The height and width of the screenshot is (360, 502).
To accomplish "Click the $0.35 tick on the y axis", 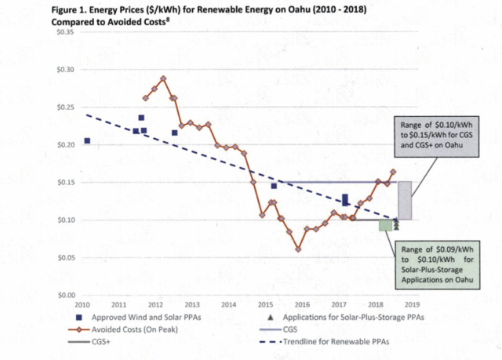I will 64,32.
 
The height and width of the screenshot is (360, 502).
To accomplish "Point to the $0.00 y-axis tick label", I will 64,295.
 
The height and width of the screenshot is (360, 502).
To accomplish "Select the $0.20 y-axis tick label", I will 64,145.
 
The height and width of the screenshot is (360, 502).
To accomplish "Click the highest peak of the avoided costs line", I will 163,78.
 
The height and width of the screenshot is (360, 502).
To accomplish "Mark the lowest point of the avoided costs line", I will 299,249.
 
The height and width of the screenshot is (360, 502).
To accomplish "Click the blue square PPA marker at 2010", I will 87,141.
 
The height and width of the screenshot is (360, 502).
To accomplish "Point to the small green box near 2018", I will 385,225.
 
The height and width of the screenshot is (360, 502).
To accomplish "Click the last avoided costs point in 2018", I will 393,172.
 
